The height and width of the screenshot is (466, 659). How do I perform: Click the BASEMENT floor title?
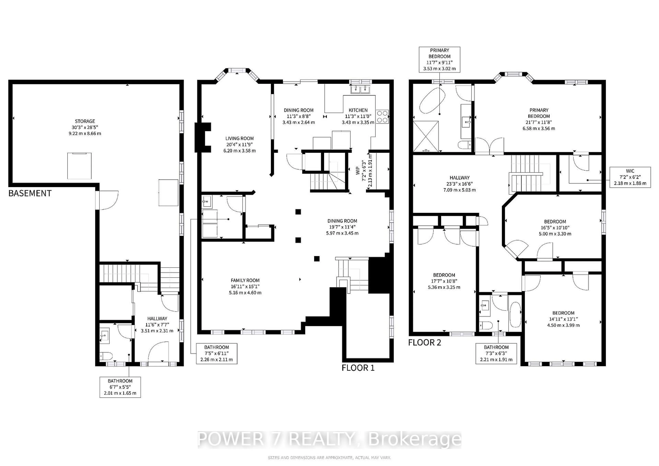30,193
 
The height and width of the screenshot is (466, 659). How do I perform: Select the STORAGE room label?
85,121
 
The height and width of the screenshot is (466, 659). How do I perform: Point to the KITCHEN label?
358,110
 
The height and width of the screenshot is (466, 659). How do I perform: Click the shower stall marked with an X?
426,136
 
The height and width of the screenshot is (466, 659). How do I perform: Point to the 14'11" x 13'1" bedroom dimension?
563,319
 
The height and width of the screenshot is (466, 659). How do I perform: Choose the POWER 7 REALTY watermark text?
329,439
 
